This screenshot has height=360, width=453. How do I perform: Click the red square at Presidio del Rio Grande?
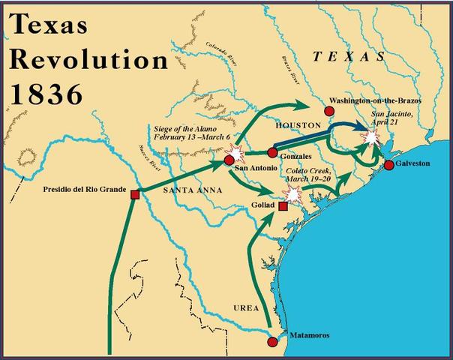coord(135,194)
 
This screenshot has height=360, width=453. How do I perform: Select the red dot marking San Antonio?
coord(229,160)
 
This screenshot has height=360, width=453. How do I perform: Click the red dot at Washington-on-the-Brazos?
coord(328,111)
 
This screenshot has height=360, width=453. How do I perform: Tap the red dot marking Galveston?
coord(388,165)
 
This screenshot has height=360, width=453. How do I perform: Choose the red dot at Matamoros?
coord(272,341)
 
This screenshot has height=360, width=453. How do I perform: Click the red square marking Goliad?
coord(283,205)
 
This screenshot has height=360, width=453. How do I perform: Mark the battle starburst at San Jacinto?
coord(370,137)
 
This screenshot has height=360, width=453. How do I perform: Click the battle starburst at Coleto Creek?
coord(293,195)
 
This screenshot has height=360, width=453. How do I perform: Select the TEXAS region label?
coord(349,56)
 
